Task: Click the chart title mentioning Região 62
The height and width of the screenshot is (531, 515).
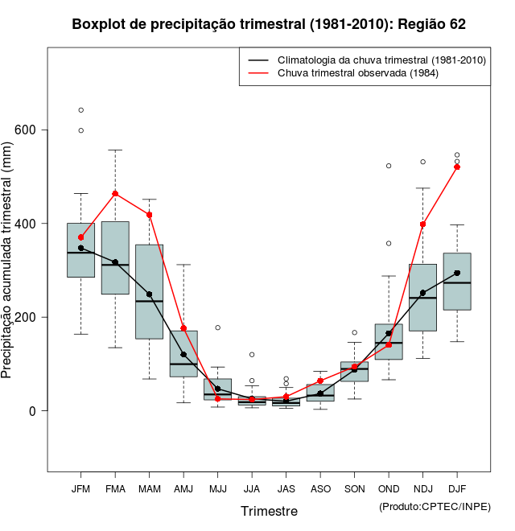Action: pyautogui.click(x=269, y=25)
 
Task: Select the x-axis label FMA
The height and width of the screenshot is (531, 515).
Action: pyautogui.click(x=115, y=488)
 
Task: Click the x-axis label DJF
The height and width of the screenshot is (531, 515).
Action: pyautogui.click(x=457, y=488)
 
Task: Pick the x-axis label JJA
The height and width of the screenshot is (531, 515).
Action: pyautogui.click(x=252, y=488)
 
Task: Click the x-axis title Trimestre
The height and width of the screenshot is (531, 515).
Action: pyautogui.click(x=269, y=511)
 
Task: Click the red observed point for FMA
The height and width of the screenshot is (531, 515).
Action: pyautogui.click(x=115, y=194)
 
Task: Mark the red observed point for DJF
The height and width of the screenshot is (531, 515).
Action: pyautogui.click(x=457, y=167)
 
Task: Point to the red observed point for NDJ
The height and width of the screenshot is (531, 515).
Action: pyautogui.click(x=422, y=224)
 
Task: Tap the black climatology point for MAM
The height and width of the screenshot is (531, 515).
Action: pyautogui.click(x=150, y=294)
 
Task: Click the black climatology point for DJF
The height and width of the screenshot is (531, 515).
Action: pyautogui.click(x=457, y=273)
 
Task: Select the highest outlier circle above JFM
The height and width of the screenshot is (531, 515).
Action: pyautogui.click(x=81, y=110)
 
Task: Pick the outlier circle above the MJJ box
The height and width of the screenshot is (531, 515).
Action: pyautogui.click(x=218, y=327)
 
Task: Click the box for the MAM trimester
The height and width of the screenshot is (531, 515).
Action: pyautogui.click(x=150, y=291)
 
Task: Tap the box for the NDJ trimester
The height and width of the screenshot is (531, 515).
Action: pyautogui.click(x=422, y=298)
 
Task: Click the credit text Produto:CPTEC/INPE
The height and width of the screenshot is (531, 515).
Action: pyautogui.click(x=435, y=506)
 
